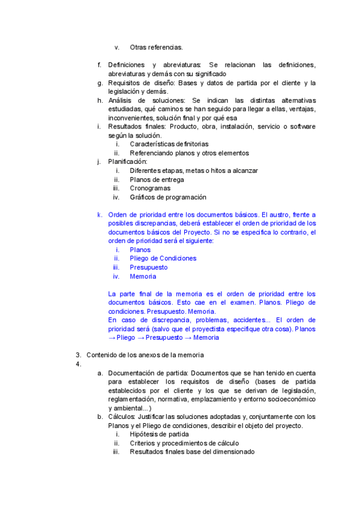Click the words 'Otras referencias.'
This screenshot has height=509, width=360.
click(x=156, y=47)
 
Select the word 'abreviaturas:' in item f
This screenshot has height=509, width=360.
click(x=177, y=65)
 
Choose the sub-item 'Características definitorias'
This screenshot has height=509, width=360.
click(x=169, y=144)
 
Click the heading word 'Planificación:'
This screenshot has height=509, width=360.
click(x=127, y=162)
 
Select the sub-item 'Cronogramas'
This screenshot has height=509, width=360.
click(x=150, y=188)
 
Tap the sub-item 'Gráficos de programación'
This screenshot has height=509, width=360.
click(x=168, y=197)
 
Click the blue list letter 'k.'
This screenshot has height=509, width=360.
click(x=100, y=214)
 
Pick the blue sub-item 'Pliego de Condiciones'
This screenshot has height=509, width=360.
click(x=163, y=259)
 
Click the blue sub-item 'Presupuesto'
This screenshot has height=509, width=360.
click(x=149, y=267)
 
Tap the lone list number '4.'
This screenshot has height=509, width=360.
click(x=79, y=364)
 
